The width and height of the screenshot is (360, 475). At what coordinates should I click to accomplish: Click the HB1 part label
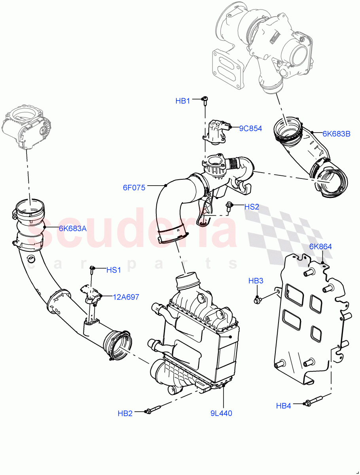[183, 101]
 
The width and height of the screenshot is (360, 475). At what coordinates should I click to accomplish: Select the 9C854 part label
[250, 128]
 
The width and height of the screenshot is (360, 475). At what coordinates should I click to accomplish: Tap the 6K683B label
[336, 133]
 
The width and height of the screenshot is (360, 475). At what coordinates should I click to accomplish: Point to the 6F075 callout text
[134, 188]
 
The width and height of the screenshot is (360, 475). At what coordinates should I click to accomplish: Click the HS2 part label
[252, 207]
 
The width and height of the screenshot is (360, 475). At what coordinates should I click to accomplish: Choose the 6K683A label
[72, 228]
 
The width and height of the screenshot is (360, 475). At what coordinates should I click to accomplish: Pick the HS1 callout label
[114, 270]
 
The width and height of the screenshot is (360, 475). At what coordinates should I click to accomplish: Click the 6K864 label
[320, 247]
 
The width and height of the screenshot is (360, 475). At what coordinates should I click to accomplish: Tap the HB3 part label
[256, 281]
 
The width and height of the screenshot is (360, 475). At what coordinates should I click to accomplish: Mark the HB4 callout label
[284, 405]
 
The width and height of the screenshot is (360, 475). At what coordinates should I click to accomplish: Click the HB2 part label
[125, 413]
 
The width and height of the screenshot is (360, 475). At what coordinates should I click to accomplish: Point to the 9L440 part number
[221, 413]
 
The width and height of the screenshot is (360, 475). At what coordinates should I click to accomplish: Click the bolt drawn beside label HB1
[205, 101]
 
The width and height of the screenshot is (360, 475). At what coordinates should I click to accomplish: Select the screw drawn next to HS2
[229, 206]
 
